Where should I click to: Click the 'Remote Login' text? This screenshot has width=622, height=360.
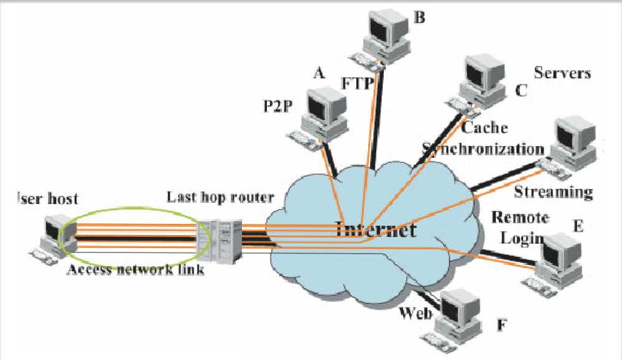click(x=520, y=228)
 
